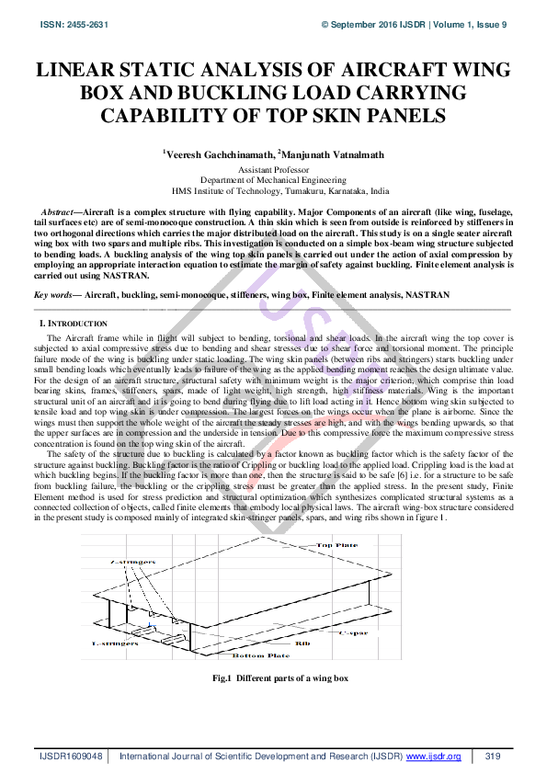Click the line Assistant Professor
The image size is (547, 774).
273,171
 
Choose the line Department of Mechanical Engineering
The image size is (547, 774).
273,181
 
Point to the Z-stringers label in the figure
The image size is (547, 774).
129,559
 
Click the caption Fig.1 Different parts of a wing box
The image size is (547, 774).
274,678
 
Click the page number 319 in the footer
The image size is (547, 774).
492,756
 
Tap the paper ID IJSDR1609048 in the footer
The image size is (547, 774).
71,756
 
